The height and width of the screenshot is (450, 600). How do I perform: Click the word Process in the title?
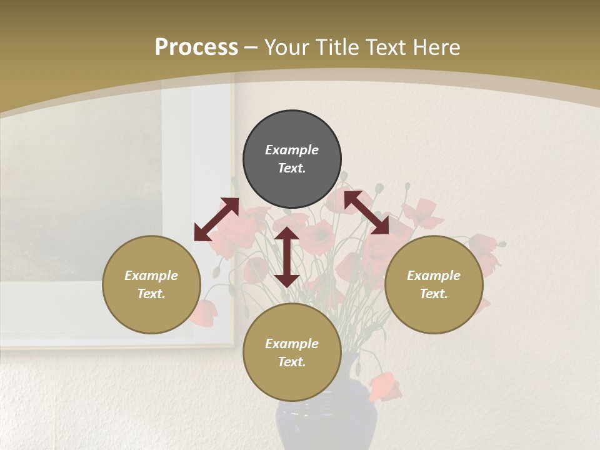[x=196, y=47]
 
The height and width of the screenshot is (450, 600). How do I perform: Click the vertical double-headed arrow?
[x=287, y=257]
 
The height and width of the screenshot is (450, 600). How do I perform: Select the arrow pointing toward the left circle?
[x=216, y=219]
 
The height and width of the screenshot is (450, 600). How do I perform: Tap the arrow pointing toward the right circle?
[x=366, y=212]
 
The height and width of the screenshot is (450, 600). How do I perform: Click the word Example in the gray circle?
[x=292, y=150]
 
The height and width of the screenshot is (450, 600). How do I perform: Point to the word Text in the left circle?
[x=151, y=294]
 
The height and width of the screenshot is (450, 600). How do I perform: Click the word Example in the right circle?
[x=434, y=276]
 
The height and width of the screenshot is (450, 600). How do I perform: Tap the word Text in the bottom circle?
[x=292, y=362]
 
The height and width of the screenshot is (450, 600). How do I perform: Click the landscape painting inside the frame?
[x=81, y=206]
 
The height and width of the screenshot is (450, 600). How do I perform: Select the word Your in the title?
[x=287, y=47]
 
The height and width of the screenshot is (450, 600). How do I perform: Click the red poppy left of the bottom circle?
[x=204, y=312]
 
